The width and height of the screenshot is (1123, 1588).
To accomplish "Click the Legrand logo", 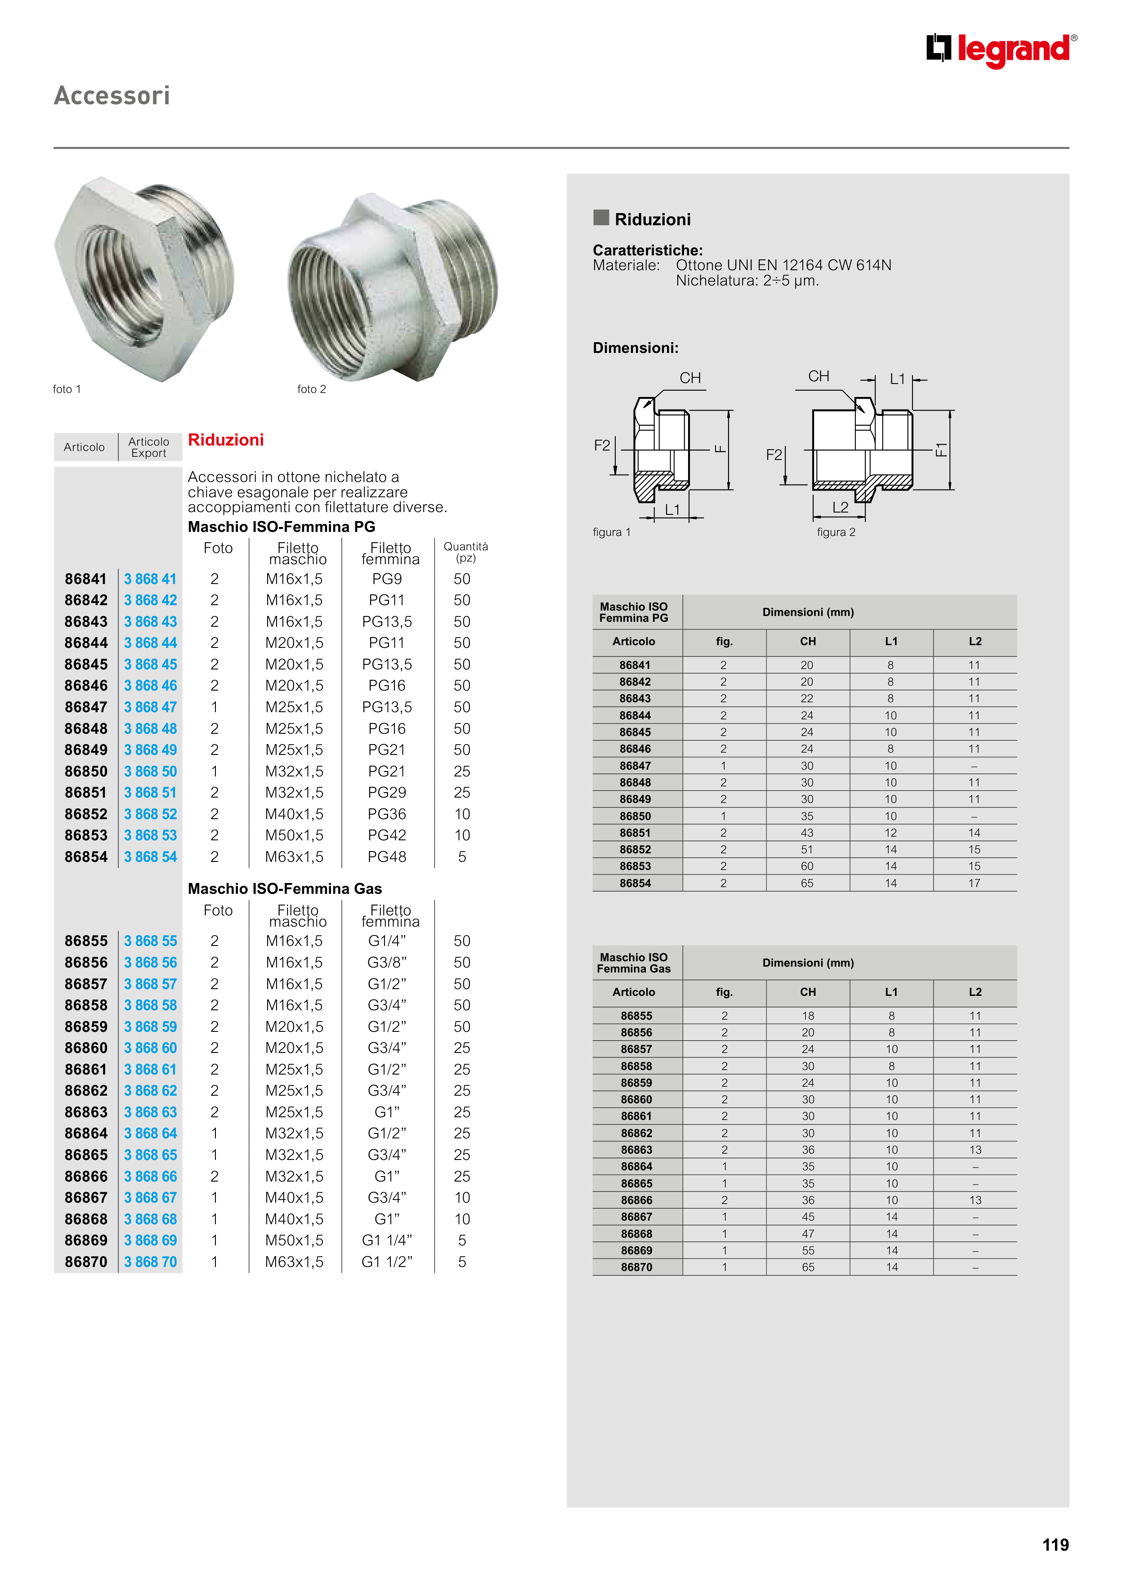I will [x=1001, y=50].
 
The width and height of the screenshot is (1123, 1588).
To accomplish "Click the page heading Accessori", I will [x=112, y=95].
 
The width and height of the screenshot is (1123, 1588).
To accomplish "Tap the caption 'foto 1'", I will [x=67, y=389].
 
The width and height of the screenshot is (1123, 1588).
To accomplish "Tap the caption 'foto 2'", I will [x=311, y=389].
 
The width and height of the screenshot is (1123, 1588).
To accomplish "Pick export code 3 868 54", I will [x=150, y=857].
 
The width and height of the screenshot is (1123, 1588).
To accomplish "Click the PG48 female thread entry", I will [x=387, y=857].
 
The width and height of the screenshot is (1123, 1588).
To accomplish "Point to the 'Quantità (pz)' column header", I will [x=465, y=552].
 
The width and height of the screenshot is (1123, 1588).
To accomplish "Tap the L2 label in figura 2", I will [x=840, y=508].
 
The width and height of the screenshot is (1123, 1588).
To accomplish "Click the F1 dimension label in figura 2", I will [x=941, y=450].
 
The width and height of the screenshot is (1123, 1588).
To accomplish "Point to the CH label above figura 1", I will [x=690, y=378].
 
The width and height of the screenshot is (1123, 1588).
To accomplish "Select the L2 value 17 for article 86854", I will [x=974, y=883].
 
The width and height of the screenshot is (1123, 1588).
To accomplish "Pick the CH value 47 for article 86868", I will [x=808, y=1234].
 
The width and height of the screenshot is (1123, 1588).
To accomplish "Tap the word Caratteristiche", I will [x=648, y=250].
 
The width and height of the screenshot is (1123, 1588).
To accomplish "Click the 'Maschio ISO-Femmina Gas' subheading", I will [x=284, y=889].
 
